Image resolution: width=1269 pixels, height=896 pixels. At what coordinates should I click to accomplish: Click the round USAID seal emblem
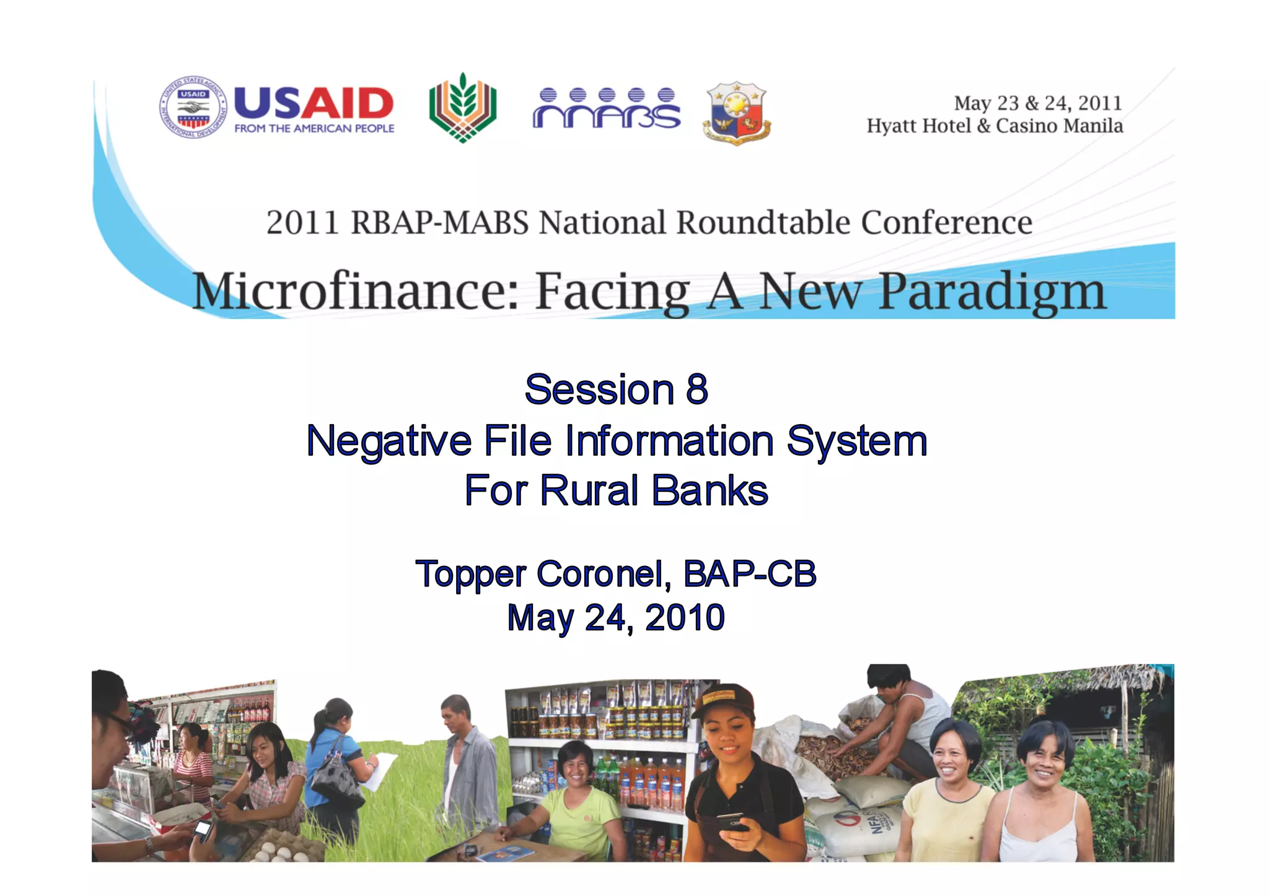point(193,107)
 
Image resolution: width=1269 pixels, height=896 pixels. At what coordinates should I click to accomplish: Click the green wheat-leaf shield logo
point(462,108)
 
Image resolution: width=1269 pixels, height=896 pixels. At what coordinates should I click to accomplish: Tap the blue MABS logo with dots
point(606,108)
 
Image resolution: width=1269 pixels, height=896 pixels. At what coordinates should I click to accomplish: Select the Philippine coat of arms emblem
point(737,113)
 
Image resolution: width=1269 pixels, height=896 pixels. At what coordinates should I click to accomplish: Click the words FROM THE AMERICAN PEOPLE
point(314,129)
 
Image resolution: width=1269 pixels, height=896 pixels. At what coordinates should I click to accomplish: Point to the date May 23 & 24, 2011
point(1037,103)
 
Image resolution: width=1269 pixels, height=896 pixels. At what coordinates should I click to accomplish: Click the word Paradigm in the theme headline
point(992,291)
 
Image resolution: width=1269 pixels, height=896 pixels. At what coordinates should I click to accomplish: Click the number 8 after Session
point(697,389)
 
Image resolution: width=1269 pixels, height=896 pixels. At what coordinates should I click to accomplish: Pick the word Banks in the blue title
point(710,490)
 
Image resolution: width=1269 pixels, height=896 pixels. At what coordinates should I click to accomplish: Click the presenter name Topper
point(471,574)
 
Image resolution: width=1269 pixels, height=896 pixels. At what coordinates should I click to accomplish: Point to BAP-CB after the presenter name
point(750,573)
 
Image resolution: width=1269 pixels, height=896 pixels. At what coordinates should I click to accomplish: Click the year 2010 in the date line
point(685,617)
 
